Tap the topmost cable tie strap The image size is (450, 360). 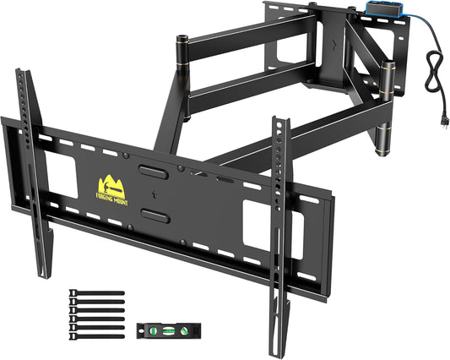96,294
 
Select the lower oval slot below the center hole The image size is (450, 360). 153,215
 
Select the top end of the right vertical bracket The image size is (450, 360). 276,121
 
